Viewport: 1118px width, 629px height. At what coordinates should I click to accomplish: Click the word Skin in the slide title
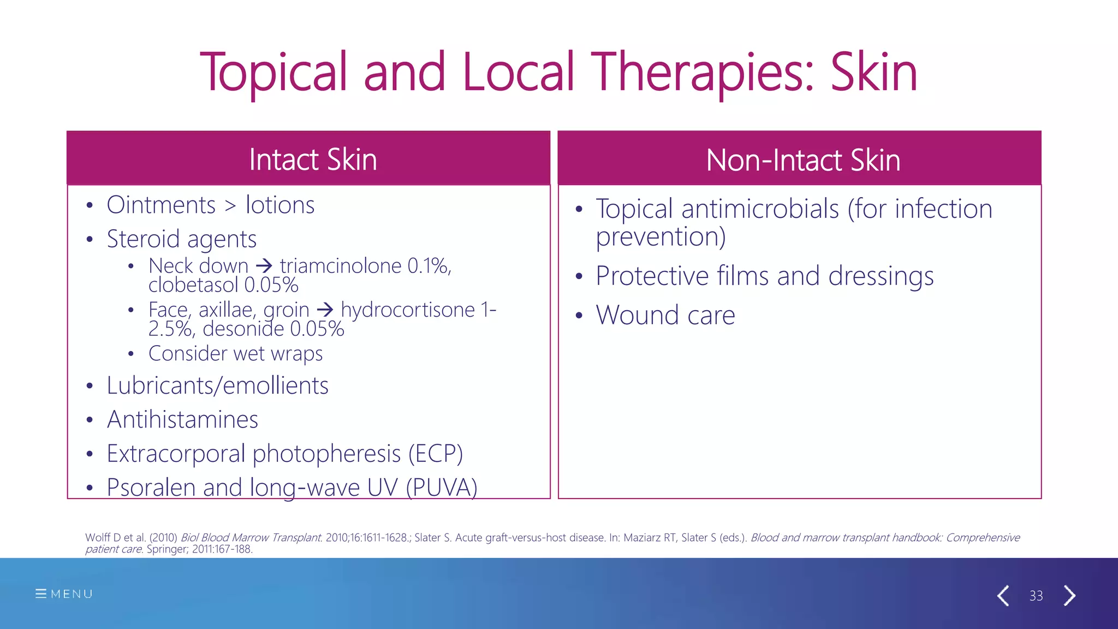point(873,72)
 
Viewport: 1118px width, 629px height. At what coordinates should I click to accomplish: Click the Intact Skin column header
point(313,159)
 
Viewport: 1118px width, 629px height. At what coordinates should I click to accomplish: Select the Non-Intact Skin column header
point(802,160)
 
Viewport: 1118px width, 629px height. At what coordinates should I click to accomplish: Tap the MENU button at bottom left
point(64,594)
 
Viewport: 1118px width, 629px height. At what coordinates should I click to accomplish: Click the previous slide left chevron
point(1003,595)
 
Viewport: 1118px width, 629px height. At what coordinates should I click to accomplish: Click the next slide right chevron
point(1070,595)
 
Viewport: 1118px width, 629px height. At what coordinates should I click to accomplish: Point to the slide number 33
point(1036,596)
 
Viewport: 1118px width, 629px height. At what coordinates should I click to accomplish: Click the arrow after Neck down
point(264,266)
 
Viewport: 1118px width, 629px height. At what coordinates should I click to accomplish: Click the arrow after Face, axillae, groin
point(325,310)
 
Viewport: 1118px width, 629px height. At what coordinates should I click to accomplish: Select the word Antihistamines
point(182,419)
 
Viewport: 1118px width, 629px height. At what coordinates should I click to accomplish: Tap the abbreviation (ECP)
point(436,454)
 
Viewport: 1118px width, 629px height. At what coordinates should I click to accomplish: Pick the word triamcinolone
point(341,266)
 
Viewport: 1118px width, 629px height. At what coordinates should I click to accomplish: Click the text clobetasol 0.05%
point(223,285)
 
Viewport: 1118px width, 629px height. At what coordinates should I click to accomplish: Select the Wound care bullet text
point(665,315)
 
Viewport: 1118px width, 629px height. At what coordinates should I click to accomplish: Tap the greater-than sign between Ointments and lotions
point(230,206)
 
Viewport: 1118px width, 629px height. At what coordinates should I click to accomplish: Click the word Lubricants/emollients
point(217,385)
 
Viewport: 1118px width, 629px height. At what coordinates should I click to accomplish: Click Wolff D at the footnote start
point(103,537)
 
